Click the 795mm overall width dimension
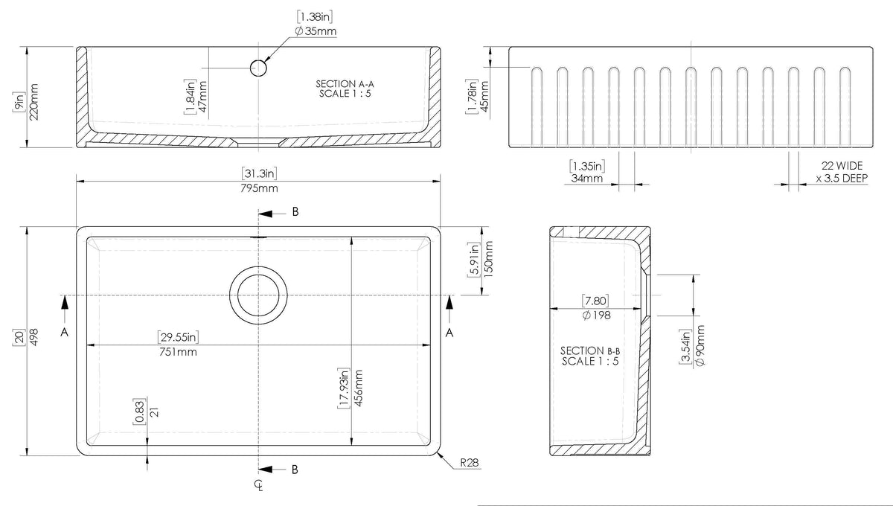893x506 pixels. click(x=259, y=188)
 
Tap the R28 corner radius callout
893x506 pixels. click(x=470, y=463)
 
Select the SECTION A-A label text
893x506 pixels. click(x=345, y=84)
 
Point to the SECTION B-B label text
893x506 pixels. click(x=590, y=351)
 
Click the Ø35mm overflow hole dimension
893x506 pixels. click(x=316, y=31)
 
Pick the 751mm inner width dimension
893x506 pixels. click(x=178, y=352)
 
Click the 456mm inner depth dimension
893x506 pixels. click(x=359, y=388)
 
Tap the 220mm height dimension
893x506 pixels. click(x=34, y=102)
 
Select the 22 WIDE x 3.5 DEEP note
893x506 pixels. click(x=842, y=172)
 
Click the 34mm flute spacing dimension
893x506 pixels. click(x=587, y=179)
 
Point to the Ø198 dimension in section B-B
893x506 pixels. click(x=596, y=316)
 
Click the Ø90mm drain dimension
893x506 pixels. click(x=700, y=345)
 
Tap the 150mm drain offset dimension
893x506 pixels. click(x=488, y=259)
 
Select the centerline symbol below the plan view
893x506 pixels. click(x=259, y=485)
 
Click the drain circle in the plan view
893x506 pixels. click(x=258, y=267)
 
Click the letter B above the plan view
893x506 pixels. click(x=295, y=212)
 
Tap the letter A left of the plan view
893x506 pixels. click(x=64, y=332)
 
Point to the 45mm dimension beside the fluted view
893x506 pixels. click(x=484, y=97)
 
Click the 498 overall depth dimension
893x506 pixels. click(x=34, y=337)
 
